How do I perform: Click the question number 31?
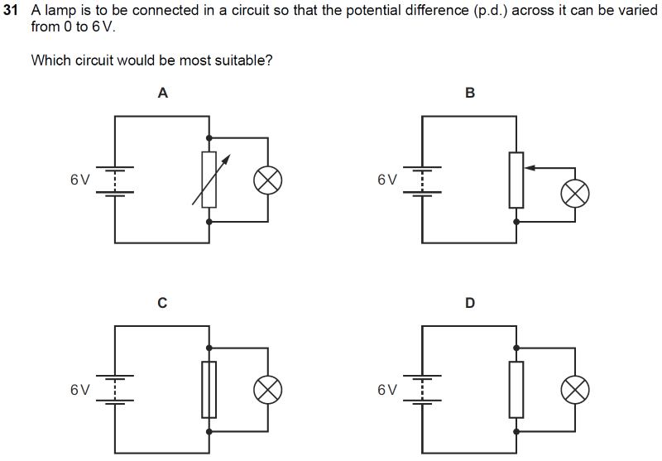(x=12, y=12)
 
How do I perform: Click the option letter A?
(x=163, y=94)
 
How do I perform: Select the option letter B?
(x=470, y=94)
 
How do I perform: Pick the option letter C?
(x=162, y=304)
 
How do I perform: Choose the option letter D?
(x=470, y=304)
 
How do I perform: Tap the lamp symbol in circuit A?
(x=267, y=180)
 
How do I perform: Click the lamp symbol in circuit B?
(x=574, y=193)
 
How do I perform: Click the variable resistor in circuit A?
(x=209, y=180)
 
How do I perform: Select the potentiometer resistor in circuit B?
(x=516, y=180)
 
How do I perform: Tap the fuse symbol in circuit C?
(x=209, y=389)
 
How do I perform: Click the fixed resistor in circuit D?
(x=516, y=389)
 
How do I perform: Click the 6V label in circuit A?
(x=79, y=180)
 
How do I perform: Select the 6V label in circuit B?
(x=386, y=180)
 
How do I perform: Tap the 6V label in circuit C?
(x=79, y=390)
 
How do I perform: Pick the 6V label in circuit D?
(x=386, y=390)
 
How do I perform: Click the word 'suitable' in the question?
(x=244, y=61)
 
